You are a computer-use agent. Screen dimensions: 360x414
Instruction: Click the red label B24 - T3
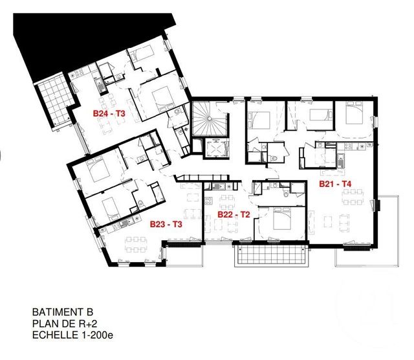[109, 113]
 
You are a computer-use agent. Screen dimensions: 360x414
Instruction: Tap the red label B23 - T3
[166, 225]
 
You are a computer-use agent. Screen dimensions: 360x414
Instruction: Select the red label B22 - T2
[234, 214]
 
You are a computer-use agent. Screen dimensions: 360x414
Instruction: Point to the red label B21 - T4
[335, 184]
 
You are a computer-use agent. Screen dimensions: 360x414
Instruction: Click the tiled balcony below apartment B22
[270, 256]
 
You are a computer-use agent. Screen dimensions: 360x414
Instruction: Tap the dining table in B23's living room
[136, 244]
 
